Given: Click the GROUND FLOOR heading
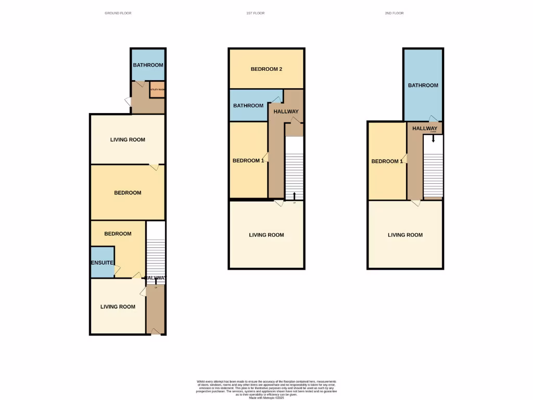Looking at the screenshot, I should [118, 13].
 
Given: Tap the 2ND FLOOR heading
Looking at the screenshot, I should [394, 13].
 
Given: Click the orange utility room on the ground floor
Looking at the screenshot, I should [157, 90].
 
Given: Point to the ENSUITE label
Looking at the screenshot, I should [103, 263].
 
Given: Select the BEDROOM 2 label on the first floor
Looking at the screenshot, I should [266, 69].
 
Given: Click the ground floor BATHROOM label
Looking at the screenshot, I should [148, 65].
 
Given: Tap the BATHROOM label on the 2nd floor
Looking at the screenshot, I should [423, 85].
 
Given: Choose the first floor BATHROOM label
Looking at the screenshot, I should [248, 106].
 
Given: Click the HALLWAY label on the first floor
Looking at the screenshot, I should [286, 111].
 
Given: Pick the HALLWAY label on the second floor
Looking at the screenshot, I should [425, 128].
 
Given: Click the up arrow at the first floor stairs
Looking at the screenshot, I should [295, 196].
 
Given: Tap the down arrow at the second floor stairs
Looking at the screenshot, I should [433, 139].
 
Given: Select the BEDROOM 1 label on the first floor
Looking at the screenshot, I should [248, 160].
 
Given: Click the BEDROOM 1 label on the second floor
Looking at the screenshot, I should [387, 161].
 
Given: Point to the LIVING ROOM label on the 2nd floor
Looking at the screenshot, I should [405, 235].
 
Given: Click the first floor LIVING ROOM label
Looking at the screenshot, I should [266, 235].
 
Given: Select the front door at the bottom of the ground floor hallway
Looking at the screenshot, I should [155, 332].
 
